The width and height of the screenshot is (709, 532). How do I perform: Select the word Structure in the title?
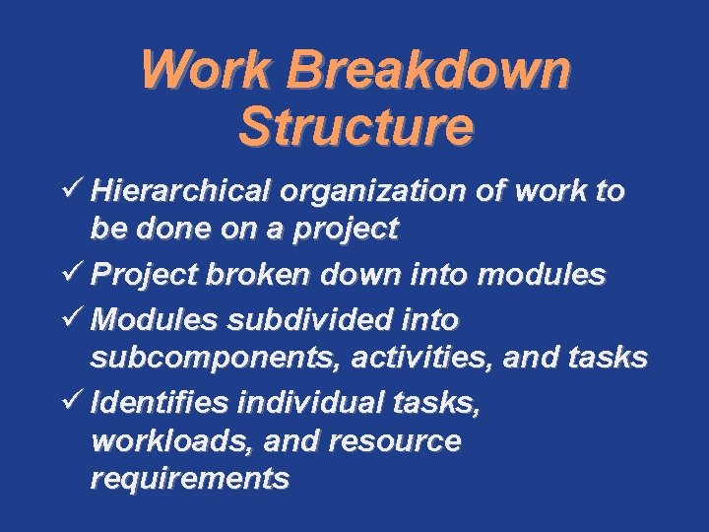pos(355,127)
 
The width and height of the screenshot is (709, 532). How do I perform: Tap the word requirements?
pos(189,479)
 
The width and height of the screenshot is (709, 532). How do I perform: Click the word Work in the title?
pos(206,71)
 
